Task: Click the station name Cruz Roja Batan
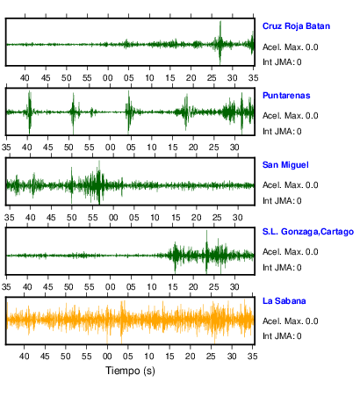pos(296,26)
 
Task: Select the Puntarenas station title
pos(286,96)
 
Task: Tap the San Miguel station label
pos(285,165)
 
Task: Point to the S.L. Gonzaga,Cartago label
pos(308,232)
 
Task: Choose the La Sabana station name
pos(284,301)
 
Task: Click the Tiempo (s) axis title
pos(130,371)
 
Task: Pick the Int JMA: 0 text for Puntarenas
pos(282,132)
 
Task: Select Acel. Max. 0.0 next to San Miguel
pos(290,185)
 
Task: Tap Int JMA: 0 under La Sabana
pos(282,336)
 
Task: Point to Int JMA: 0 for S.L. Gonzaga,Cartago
pos(282,268)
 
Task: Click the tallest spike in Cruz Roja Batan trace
pos(220,42)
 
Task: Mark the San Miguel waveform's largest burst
pos(98,183)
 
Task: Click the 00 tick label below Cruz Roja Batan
pos(108,78)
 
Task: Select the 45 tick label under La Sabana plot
pos(45,357)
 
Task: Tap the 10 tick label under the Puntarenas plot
pos(152,148)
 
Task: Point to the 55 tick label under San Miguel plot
pos(92,218)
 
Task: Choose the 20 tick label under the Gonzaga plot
pos(193,287)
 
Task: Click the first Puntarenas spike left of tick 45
pos(29,112)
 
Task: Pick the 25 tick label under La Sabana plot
pos(211,357)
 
